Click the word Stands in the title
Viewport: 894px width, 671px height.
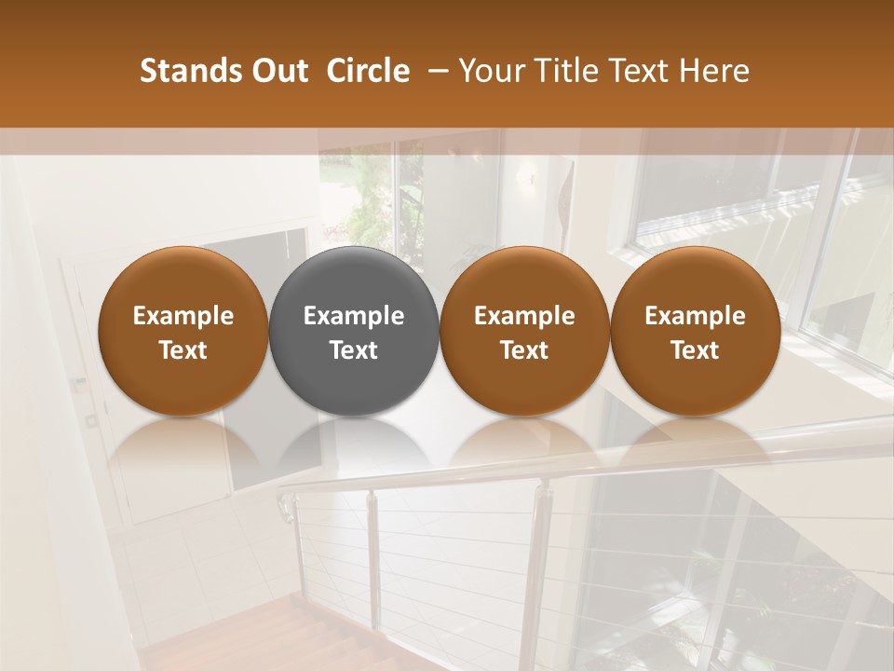[x=190, y=71]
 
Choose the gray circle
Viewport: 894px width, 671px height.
[x=354, y=332]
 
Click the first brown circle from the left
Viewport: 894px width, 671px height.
[x=183, y=332]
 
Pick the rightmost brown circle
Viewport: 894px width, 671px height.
[x=695, y=332]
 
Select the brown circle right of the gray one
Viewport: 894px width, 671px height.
[x=524, y=332]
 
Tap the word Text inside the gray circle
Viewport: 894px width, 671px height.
[x=354, y=350]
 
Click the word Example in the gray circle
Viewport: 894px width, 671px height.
[x=354, y=316]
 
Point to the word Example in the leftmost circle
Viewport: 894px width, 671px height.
[x=183, y=316]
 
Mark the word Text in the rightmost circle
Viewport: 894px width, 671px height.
[x=695, y=350]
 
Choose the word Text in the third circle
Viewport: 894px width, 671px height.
[x=524, y=350]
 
